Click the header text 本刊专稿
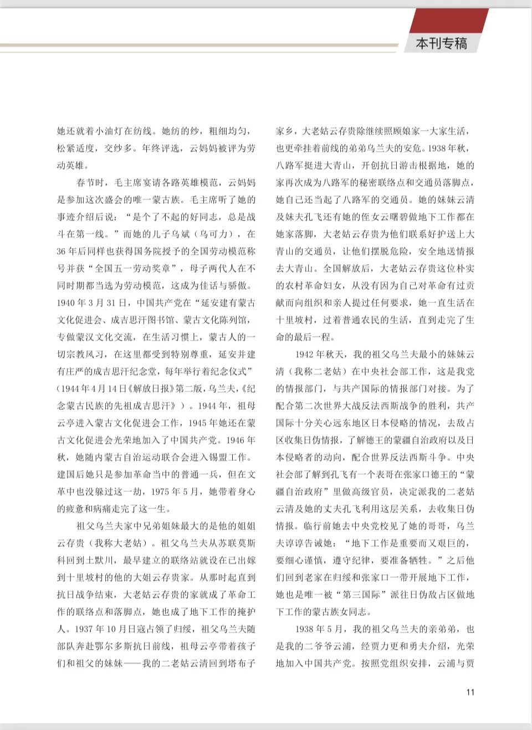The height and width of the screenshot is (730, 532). coord(442,44)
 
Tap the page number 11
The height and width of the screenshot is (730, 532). coord(470,692)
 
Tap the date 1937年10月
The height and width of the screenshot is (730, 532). coord(106,629)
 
